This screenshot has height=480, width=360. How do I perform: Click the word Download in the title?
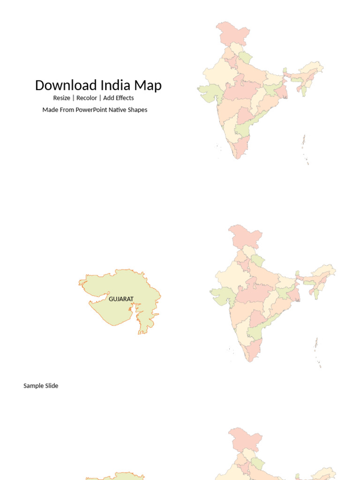(66, 85)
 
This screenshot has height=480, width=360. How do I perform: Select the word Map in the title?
(148, 85)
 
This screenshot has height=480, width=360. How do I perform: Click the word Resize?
(61, 98)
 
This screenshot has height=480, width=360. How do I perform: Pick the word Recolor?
(87, 98)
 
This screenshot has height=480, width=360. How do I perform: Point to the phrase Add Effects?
(119, 98)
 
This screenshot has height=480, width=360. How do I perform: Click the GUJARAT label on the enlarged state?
(121, 299)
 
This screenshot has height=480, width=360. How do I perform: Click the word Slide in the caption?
(52, 386)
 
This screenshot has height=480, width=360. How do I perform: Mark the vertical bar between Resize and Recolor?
(73, 98)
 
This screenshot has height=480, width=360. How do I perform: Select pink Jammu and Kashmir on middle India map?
(245, 237)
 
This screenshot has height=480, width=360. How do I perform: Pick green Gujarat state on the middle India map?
(221, 294)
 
